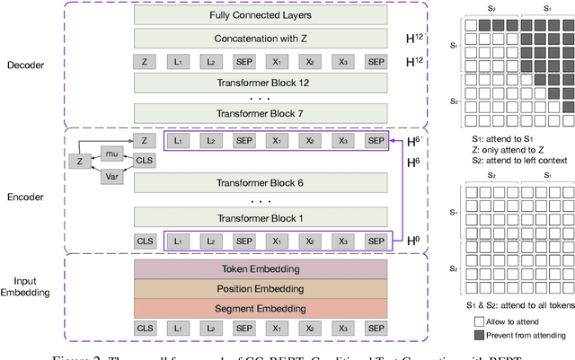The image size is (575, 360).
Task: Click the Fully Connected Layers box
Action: click(261, 15)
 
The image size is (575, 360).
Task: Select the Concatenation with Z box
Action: click(261, 39)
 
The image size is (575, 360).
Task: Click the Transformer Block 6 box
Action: click(261, 184)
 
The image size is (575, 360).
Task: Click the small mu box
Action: click(111, 154)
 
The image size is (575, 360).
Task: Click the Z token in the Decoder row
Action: click(145, 62)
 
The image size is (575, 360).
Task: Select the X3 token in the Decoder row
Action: click(342, 62)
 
